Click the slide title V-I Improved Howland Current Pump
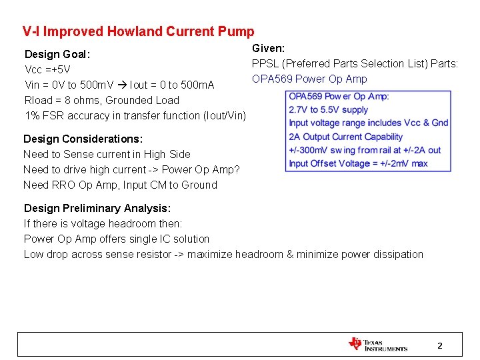[138, 31]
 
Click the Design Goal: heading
[57, 54]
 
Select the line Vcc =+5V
[47, 69]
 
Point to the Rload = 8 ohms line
[101, 100]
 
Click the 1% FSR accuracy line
[135, 115]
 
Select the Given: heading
[268, 48]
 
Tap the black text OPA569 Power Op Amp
[309, 79]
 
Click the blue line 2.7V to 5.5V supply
[328, 109]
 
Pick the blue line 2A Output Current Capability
[345, 137]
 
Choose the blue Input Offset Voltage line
[358, 163]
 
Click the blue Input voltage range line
[368, 123]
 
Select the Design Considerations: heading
[83, 139]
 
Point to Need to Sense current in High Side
[107, 154]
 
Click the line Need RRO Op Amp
[120, 185]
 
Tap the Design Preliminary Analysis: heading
[97, 208]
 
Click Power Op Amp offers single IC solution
[117, 239]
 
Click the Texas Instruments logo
[377, 345]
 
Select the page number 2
[439, 345]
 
